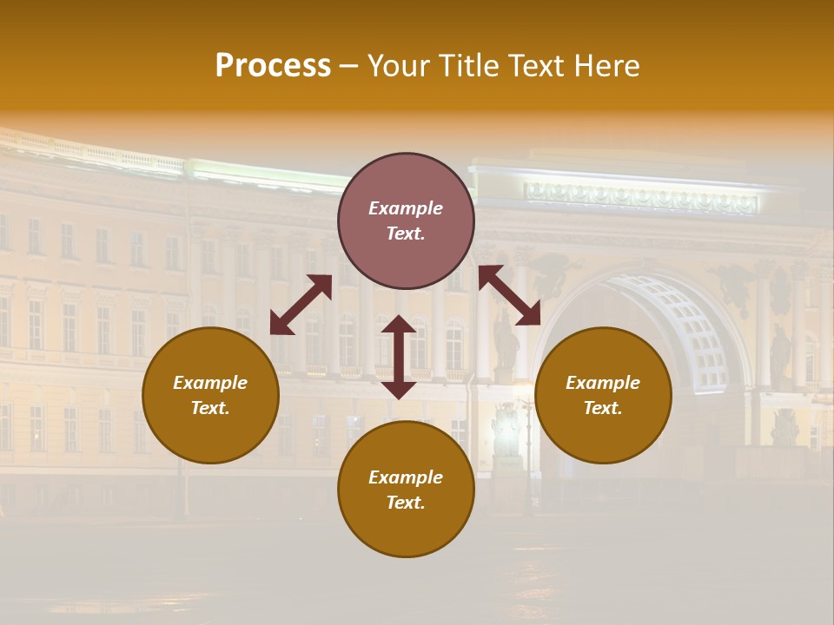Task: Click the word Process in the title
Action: click(273, 66)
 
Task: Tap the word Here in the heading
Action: click(604, 66)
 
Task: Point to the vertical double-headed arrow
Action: click(399, 357)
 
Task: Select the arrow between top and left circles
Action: click(301, 304)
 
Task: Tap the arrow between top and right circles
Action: click(509, 295)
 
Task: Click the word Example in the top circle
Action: click(406, 208)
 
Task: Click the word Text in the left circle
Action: click(209, 408)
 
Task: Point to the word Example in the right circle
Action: click(603, 383)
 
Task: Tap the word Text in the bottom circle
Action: click(405, 503)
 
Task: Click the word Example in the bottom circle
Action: click(406, 477)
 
